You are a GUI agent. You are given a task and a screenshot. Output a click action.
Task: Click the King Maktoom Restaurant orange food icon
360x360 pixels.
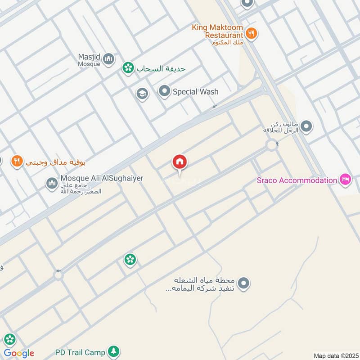[x=251, y=33]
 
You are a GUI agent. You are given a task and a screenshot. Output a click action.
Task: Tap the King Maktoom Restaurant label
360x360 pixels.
[x=217, y=31]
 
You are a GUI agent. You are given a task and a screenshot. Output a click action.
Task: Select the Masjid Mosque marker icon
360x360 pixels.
[x=108, y=58]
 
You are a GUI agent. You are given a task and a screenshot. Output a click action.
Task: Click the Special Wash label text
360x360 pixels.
[x=196, y=92]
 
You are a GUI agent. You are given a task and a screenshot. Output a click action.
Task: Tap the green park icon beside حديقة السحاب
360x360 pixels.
[x=128, y=68]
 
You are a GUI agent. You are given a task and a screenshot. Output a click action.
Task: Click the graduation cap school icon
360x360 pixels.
[x=142, y=94]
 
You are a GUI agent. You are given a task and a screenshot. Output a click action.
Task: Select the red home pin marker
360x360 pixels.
[x=180, y=162]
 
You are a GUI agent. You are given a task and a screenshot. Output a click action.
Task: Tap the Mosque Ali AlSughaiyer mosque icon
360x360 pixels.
[x=52, y=183]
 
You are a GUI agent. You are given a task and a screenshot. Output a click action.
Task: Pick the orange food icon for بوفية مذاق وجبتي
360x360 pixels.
[x=17, y=161]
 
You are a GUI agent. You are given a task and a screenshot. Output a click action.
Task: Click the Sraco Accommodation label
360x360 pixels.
[x=297, y=180]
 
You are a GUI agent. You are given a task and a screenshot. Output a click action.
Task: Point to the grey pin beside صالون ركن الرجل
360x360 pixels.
[x=306, y=126]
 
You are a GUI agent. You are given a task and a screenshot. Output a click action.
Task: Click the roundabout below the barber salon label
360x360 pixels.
[x=272, y=145]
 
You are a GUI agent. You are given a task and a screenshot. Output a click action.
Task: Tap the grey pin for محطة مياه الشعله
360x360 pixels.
[x=243, y=283]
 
